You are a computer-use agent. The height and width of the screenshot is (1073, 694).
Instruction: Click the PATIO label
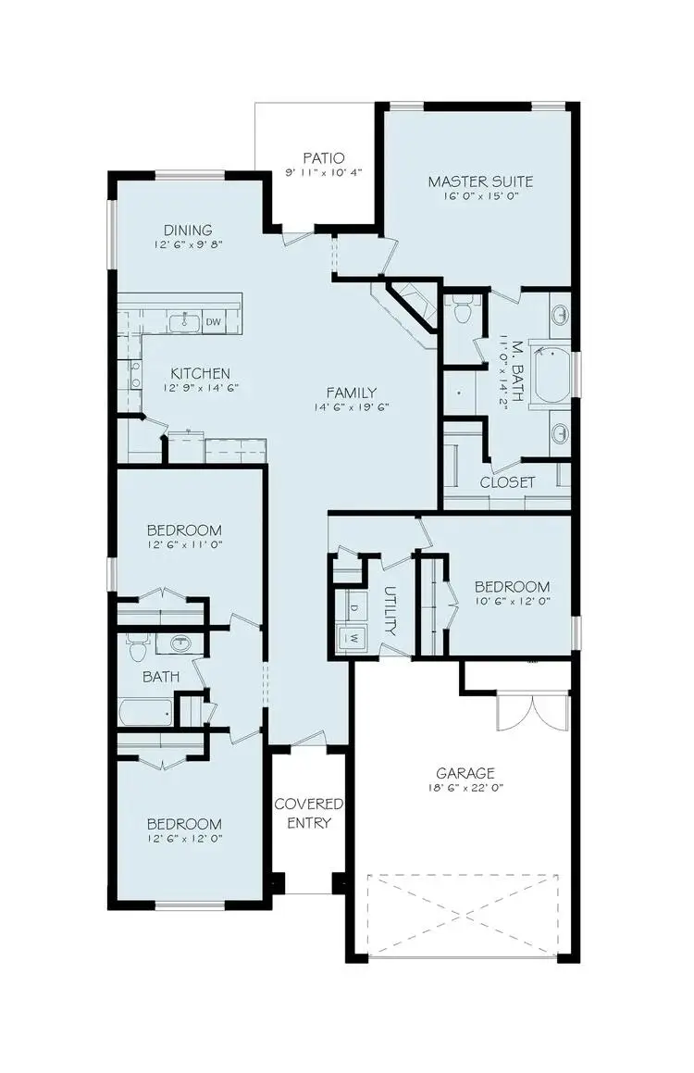[323, 157]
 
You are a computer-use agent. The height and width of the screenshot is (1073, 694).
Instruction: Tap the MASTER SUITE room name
[480, 181]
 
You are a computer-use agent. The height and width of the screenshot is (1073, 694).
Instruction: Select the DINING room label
[188, 230]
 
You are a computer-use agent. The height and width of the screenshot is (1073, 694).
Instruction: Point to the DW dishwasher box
[213, 322]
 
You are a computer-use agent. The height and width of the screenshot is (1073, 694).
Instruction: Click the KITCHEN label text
[200, 373]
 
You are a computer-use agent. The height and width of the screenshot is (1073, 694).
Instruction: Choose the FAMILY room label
[343, 392]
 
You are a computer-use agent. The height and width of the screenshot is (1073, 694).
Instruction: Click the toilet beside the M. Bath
[464, 310]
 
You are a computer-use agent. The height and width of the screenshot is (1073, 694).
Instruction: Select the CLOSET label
[507, 482]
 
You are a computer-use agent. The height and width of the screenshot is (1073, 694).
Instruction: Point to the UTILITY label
[389, 610]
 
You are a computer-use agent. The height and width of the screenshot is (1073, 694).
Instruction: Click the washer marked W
[353, 637]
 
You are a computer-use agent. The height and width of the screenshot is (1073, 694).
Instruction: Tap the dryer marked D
[353, 608]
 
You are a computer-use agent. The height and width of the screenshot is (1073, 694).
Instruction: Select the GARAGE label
[465, 773]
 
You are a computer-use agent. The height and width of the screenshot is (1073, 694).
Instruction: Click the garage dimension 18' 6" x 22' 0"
[465, 789]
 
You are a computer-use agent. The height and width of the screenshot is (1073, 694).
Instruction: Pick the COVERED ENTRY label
[309, 813]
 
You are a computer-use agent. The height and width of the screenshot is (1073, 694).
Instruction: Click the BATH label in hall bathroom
[160, 677]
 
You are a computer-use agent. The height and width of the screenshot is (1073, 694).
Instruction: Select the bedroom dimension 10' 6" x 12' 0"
[512, 603]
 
